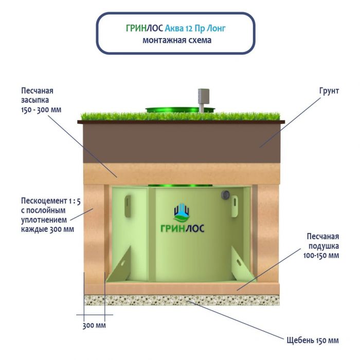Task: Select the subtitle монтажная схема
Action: (176, 40)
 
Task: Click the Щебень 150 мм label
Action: (313, 340)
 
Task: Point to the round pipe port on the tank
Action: (225, 195)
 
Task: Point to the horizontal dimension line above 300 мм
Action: (94, 314)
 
